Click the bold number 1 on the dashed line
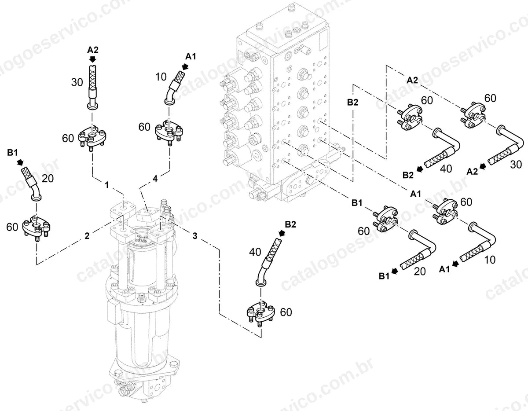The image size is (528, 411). click(106, 185)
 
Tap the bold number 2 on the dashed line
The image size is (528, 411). click(87, 235)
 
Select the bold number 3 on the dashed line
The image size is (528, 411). click(195, 235)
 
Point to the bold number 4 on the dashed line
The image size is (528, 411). click(155, 179)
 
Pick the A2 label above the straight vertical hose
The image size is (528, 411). click(93, 50)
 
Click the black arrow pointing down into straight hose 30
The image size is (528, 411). click(92, 59)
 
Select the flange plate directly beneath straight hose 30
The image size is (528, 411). click(92, 139)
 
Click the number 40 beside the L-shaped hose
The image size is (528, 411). click(446, 169)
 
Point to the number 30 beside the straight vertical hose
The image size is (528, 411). click(77, 83)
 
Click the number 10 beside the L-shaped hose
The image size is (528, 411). click(490, 260)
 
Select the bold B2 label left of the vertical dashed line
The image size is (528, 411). click(352, 103)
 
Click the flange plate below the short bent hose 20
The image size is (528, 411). click(37, 227)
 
